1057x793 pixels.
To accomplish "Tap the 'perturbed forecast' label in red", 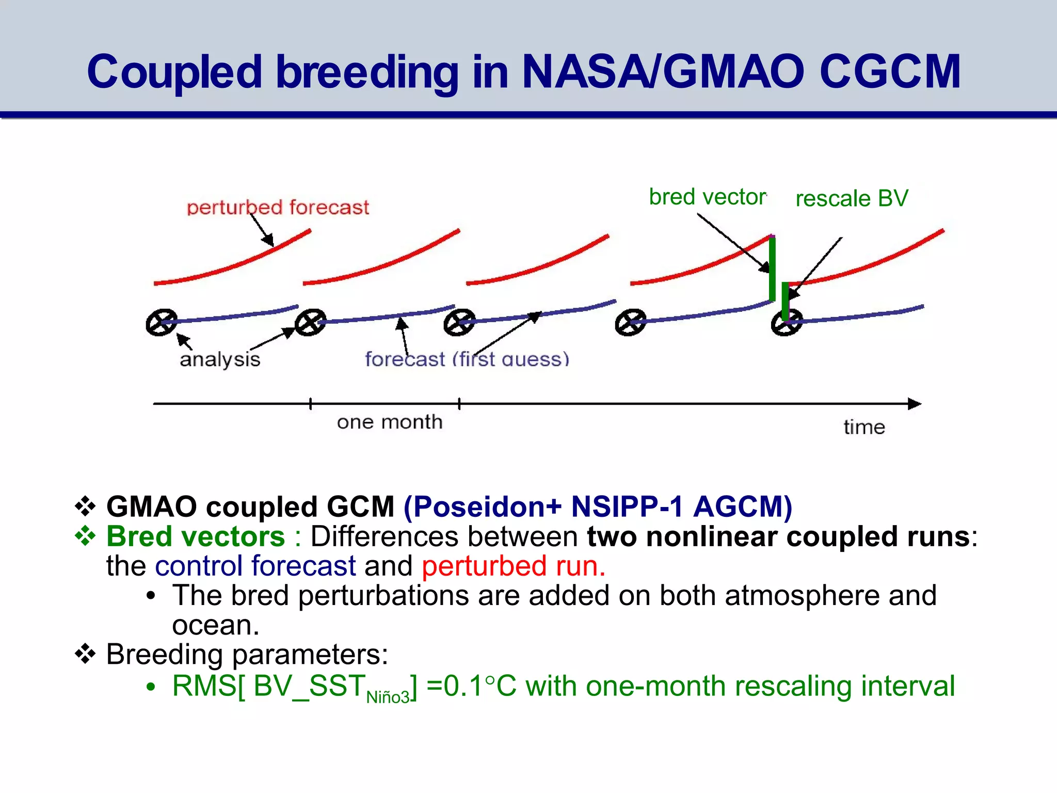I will coord(278,208).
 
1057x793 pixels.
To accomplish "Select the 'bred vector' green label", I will coord(707,197).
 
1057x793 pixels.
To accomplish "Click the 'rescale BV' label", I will coord(852,199).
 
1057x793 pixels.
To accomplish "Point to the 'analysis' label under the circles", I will coord(220,359).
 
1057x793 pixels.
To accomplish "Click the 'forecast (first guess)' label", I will coord(467,359).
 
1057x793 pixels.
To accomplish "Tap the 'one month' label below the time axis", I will coord(390,422).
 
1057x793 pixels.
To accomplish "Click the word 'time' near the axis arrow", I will coord(864,427).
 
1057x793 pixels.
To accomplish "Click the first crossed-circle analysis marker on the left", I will coord(162,323).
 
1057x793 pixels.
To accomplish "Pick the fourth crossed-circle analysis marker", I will coord(631,323).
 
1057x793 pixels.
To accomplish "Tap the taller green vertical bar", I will coord(772,268).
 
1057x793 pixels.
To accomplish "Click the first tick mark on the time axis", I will coord(310,404).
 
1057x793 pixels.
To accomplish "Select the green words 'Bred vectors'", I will coord(196,536).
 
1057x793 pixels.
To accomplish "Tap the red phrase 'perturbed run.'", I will coord(514,566).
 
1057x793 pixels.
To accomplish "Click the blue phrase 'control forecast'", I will coord(255,566).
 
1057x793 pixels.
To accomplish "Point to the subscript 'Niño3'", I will coord(388,697).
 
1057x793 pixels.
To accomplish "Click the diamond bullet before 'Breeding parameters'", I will coord(85,655).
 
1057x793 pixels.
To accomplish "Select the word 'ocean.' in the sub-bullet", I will coord(216,625).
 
